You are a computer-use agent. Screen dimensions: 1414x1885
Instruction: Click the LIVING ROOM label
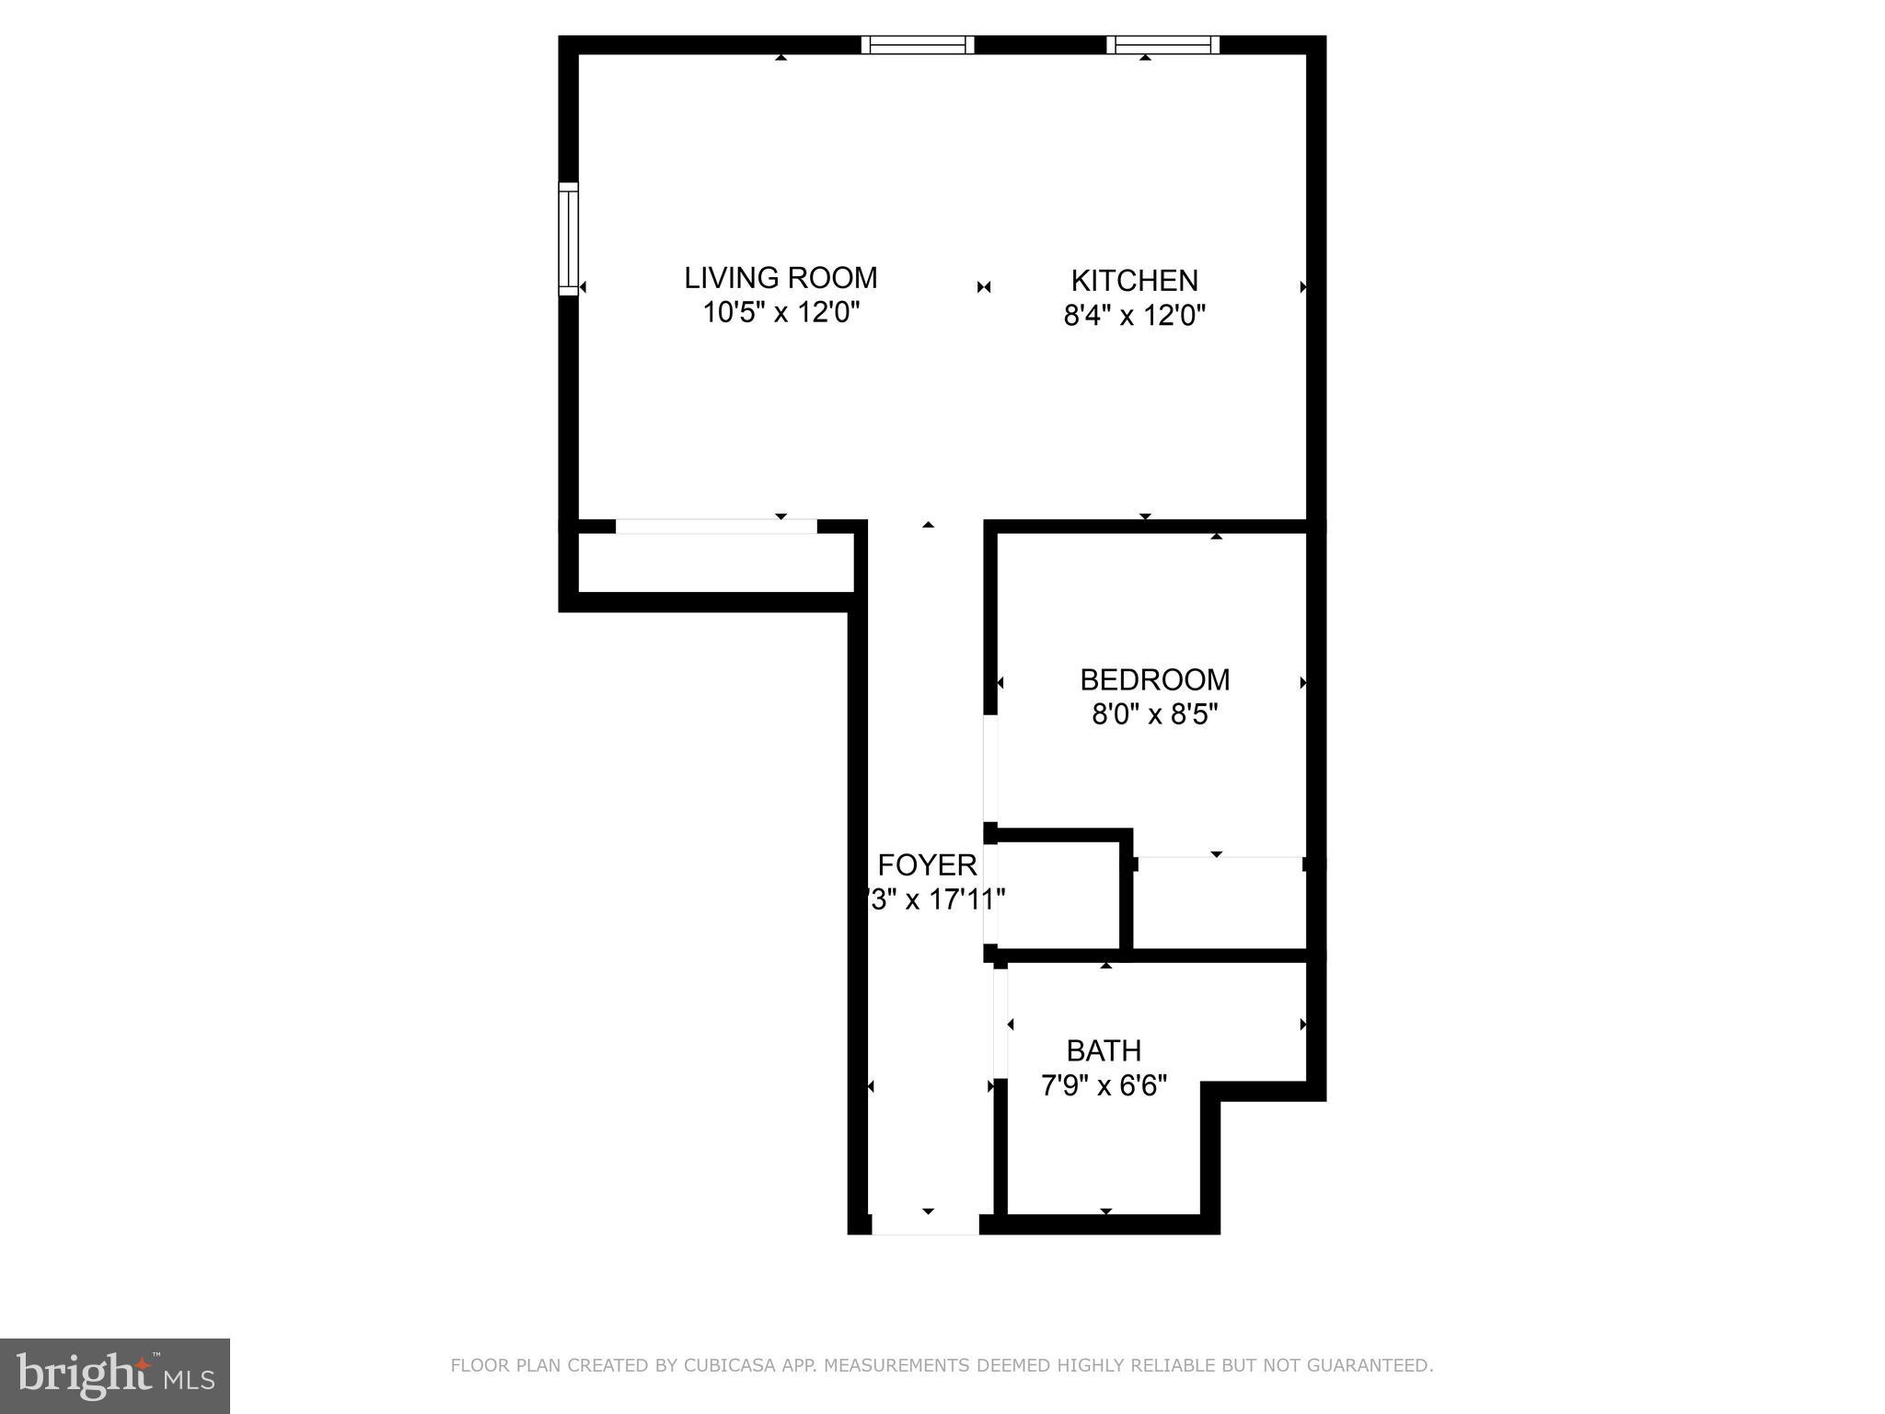tap(781, 277)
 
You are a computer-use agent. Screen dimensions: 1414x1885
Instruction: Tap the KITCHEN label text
tap(1134, 280)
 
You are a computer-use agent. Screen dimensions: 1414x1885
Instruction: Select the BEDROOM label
tap(1154, 679)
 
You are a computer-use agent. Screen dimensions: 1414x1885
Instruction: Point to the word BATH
tap(1104, 1050)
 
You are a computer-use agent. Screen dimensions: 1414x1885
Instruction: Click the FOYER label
tap(927, 864)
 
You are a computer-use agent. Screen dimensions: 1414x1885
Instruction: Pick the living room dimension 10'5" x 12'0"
tap(781, 313)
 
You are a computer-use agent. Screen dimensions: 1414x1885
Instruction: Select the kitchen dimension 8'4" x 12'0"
tap(1134, 316)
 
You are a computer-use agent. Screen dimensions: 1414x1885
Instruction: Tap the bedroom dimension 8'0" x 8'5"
tap(1154, 714)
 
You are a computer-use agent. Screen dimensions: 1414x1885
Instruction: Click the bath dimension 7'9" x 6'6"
tap(1104, 1086)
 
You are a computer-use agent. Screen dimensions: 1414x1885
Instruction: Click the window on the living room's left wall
tap(569, 238)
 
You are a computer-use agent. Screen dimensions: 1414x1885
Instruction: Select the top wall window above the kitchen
tap(1162, 45)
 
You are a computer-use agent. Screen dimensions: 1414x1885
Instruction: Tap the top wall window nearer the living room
tap(918, 45)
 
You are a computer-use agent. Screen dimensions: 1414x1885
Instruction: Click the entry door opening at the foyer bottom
tap(925, 1224)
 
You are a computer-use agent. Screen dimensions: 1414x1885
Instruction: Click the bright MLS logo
tap(115, 1375)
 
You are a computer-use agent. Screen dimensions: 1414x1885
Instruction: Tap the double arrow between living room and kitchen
tap(984, 287)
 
